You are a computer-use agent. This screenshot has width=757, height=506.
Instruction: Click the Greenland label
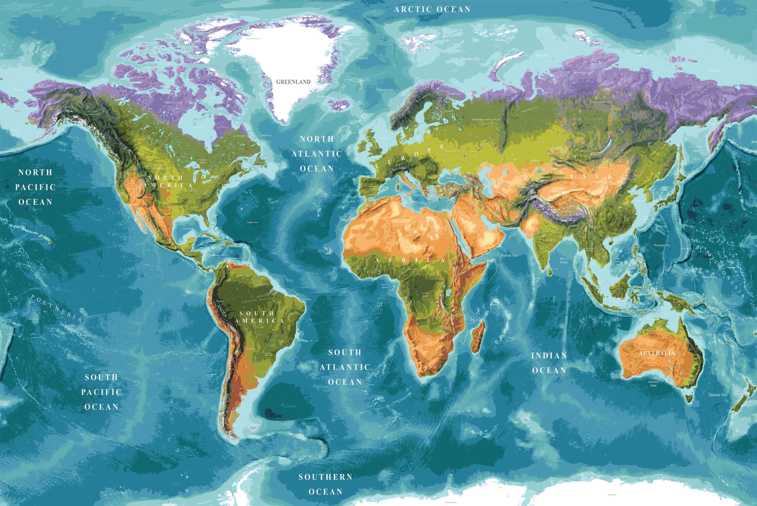click(293, 82)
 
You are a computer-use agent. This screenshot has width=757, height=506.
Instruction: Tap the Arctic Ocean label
click(432, 9)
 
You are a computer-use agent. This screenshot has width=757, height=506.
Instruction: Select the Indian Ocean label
click(549, 363)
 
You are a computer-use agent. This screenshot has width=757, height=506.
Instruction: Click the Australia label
click(657, 353)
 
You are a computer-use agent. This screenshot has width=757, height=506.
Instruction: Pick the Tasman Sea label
click(717, 394)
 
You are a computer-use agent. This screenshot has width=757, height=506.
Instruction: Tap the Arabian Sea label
click(509, 255)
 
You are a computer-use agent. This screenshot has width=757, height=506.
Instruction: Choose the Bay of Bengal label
click(564, 260)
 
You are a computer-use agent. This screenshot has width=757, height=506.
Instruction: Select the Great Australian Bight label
click(653, 381)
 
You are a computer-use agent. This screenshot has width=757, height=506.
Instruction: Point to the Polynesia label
click(57, 308)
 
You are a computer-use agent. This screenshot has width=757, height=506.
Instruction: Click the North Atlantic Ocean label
click(317, 154)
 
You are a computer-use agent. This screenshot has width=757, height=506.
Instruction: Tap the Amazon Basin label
click(256, 300)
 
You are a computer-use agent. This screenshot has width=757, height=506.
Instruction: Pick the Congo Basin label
click(425, 294)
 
